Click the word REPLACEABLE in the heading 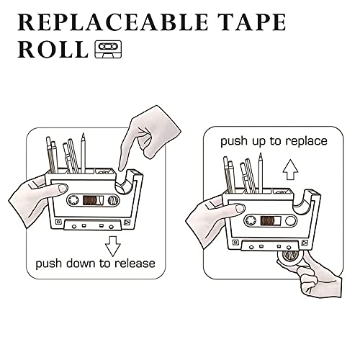[x=112, y=22]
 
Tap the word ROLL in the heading [x=53, y=50]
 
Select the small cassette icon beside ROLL [x=108, y=49]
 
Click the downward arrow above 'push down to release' [x=112, y=246]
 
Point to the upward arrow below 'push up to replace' [x=290, y=169]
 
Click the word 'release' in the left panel [x=135, y=264]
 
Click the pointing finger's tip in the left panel [x=121, y=169]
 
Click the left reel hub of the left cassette [x=73, y=200]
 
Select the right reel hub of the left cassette [x=112, y=200]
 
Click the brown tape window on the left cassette [x=93, y=200]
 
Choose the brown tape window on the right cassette [x=271, y=220]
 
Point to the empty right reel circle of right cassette [x=290, y=220]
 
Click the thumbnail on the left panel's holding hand [x=63, y=188]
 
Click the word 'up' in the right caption [x=259, y=142]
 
